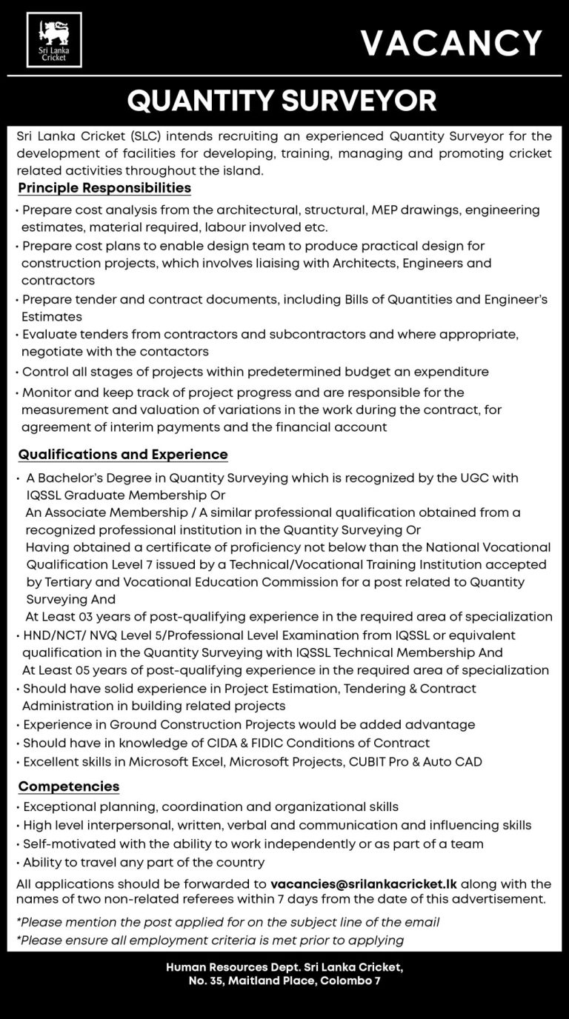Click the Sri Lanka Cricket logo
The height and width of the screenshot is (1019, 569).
[54, 40]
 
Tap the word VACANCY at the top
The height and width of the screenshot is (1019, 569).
[451, 43]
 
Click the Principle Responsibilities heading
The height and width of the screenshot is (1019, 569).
[104, 188]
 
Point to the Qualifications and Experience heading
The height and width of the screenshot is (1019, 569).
[123, 455]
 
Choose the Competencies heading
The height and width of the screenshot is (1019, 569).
[69, 786]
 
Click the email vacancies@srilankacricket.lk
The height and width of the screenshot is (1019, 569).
[365, 884]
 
